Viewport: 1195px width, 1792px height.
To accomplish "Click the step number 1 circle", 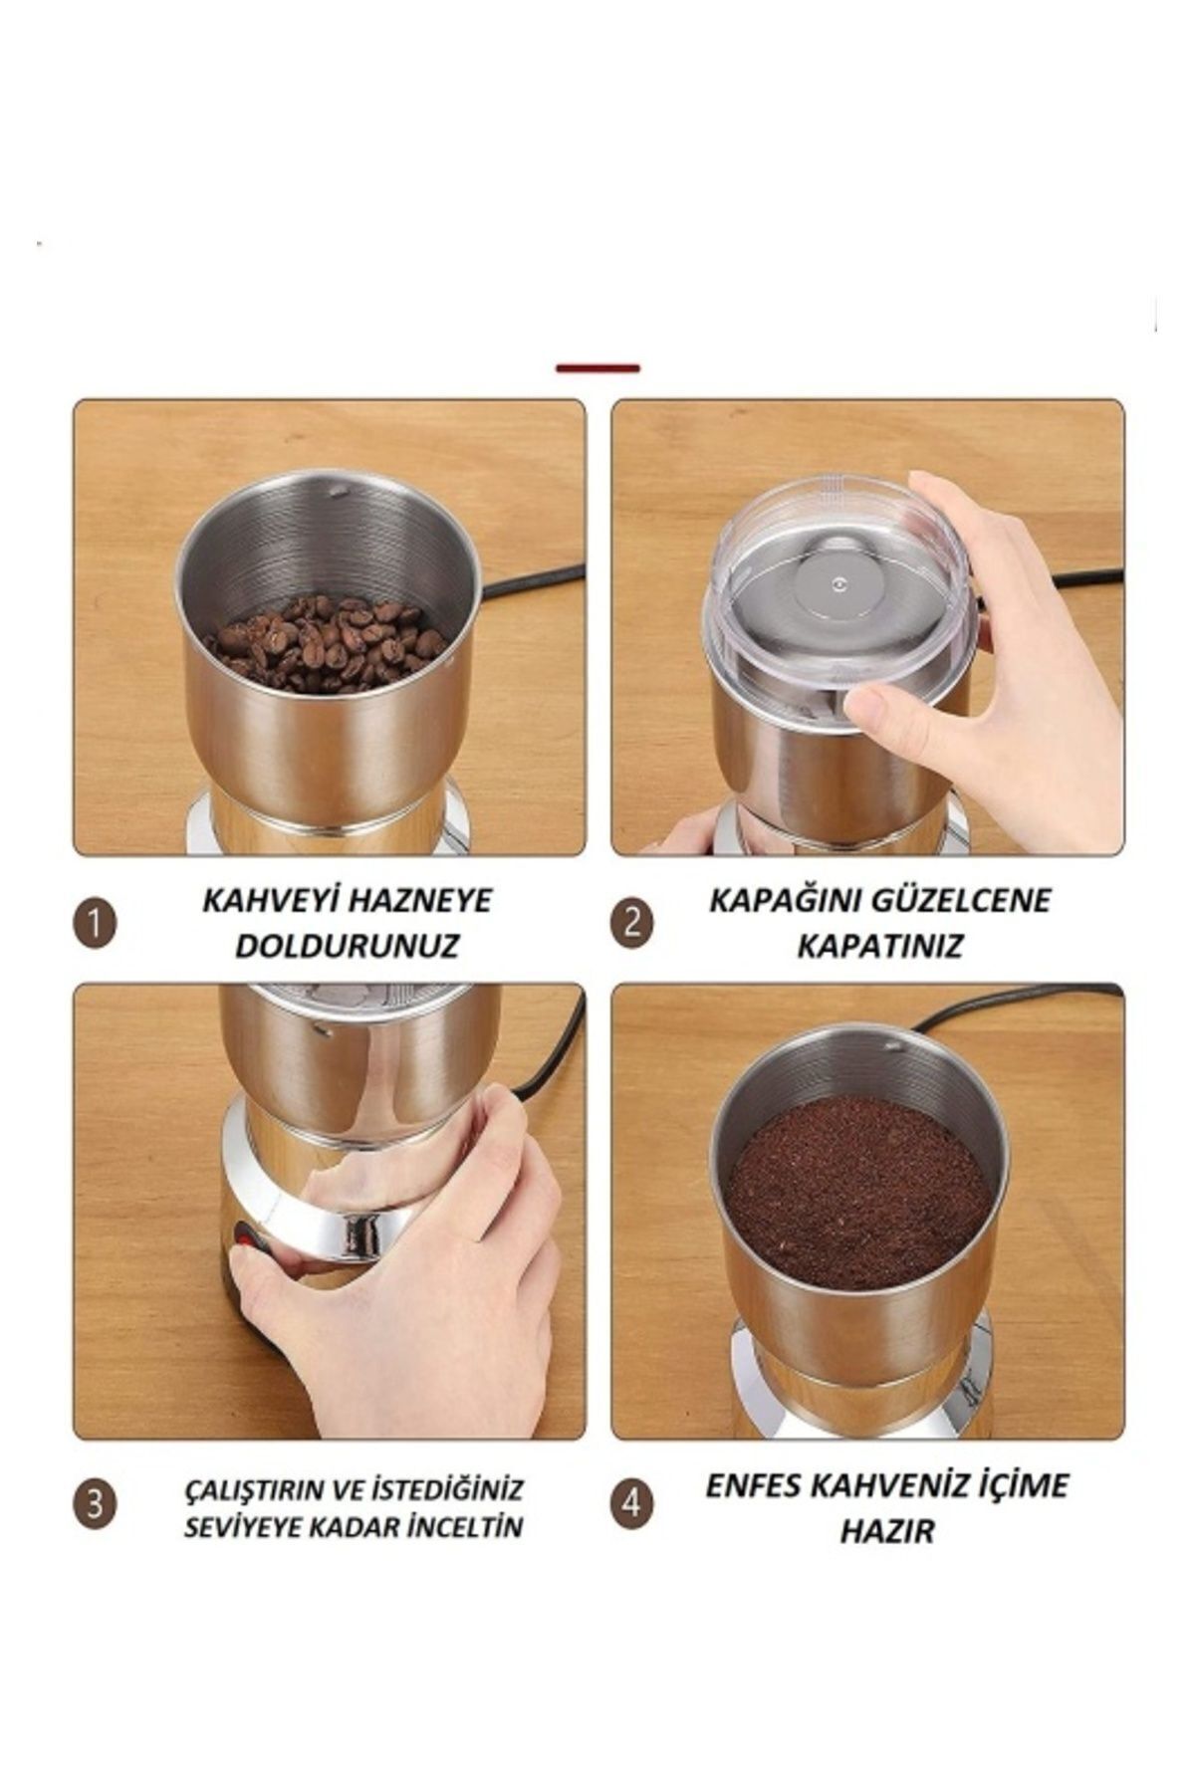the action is [95, 925].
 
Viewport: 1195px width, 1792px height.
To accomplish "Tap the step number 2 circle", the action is [631, 925].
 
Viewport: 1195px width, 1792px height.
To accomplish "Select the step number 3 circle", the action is [95, 1503].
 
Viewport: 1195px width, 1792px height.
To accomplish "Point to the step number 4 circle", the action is [631, 1503].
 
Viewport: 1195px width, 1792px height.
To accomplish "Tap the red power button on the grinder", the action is [242, 1239].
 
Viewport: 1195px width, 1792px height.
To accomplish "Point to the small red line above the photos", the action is [597, 368].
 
